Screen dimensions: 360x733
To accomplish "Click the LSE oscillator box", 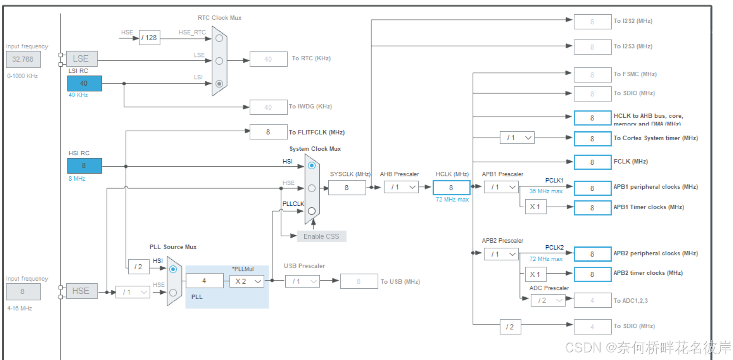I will [x=81, y=59].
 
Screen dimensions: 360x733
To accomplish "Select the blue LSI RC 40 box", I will [x=84, y=83].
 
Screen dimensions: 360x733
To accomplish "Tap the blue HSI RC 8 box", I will [x=84, y=165].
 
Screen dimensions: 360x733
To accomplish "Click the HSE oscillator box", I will [x=81, y=291].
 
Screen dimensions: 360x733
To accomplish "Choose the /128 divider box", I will [x=149, y=38].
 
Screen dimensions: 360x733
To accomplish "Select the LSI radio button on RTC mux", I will [x=219, y=84].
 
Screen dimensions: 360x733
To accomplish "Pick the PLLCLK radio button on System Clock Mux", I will [x=311, y=211].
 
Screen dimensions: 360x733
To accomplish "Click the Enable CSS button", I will [x=322, y=236].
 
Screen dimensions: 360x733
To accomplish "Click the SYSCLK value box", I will [x=347, y=187].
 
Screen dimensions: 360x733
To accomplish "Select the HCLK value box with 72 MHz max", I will [x=451, y=187].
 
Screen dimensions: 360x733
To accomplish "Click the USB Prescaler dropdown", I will [x=303, y=282].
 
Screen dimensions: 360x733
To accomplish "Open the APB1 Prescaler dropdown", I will [x=501, y=187].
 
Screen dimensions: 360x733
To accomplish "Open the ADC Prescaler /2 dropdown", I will [x=548, y=300].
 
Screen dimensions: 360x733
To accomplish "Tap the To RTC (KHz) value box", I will [x=268, y=59].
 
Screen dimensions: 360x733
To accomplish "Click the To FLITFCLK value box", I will [x=268, y=132].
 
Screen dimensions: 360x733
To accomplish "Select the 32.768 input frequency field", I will [x=23, y=59].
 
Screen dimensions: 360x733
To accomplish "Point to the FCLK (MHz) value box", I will [x=592, y=162].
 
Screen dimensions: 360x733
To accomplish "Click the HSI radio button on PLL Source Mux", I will [x=173, y=269].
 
